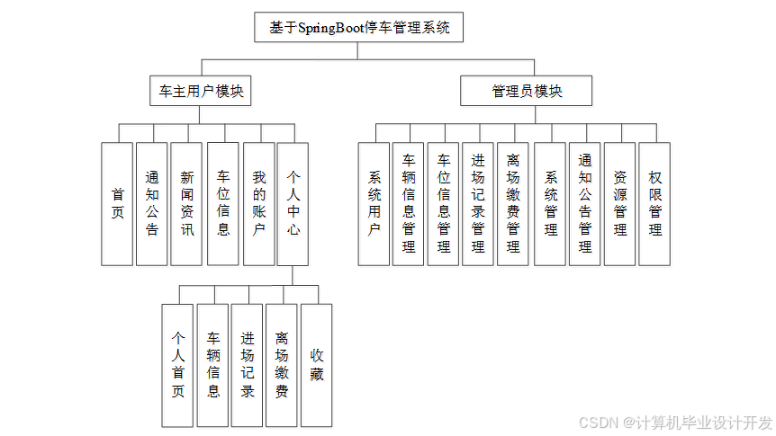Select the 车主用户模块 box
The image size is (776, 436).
[200, 91]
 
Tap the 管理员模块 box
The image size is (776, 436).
[527, 91]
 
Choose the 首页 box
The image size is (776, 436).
[117, 203]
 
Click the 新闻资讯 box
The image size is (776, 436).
[186, 203]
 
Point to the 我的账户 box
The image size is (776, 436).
[258, 203]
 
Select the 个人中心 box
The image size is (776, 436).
[293, 203]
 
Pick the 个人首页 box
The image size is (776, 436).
[177, 364]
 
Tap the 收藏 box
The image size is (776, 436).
[316, 364]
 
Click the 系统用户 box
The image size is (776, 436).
[374, 203]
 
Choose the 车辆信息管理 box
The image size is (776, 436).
[409, 203]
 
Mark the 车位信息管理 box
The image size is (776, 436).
[443, 203]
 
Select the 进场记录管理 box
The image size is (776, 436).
[478, 203]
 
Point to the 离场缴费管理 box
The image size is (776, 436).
[513, 203]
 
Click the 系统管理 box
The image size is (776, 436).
[550, 203]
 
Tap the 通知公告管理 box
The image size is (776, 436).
[585, 203]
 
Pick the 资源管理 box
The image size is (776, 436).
[619, 203]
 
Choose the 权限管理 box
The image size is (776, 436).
[654, 203]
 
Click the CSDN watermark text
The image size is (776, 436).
[675, 423]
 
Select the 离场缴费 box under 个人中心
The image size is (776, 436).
[282, 364]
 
